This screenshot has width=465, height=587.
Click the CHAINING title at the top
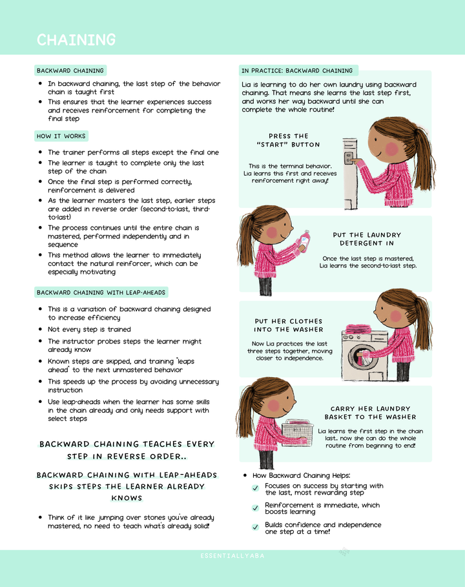[76, 40]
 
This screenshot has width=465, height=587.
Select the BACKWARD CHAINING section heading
[70, 70]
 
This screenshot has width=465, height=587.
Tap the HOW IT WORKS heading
[61, 136]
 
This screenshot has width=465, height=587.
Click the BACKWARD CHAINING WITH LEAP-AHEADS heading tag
[101, 293]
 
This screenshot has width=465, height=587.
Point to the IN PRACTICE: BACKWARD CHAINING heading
[297, 70]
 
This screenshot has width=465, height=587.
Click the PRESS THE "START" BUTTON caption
[288, 140]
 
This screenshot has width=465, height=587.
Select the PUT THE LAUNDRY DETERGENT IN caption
[367, 239]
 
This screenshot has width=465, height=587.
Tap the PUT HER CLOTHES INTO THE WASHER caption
[288, 325]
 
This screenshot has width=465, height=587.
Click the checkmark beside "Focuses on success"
[256, 488]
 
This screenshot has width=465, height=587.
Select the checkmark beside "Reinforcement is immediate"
[256, 508]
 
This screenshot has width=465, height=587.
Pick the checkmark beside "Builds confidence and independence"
[256, 528]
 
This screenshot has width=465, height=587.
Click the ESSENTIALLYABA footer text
[232, 556]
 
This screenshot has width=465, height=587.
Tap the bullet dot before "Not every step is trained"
[41, 329]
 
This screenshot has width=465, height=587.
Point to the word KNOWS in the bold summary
[127, 498]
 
